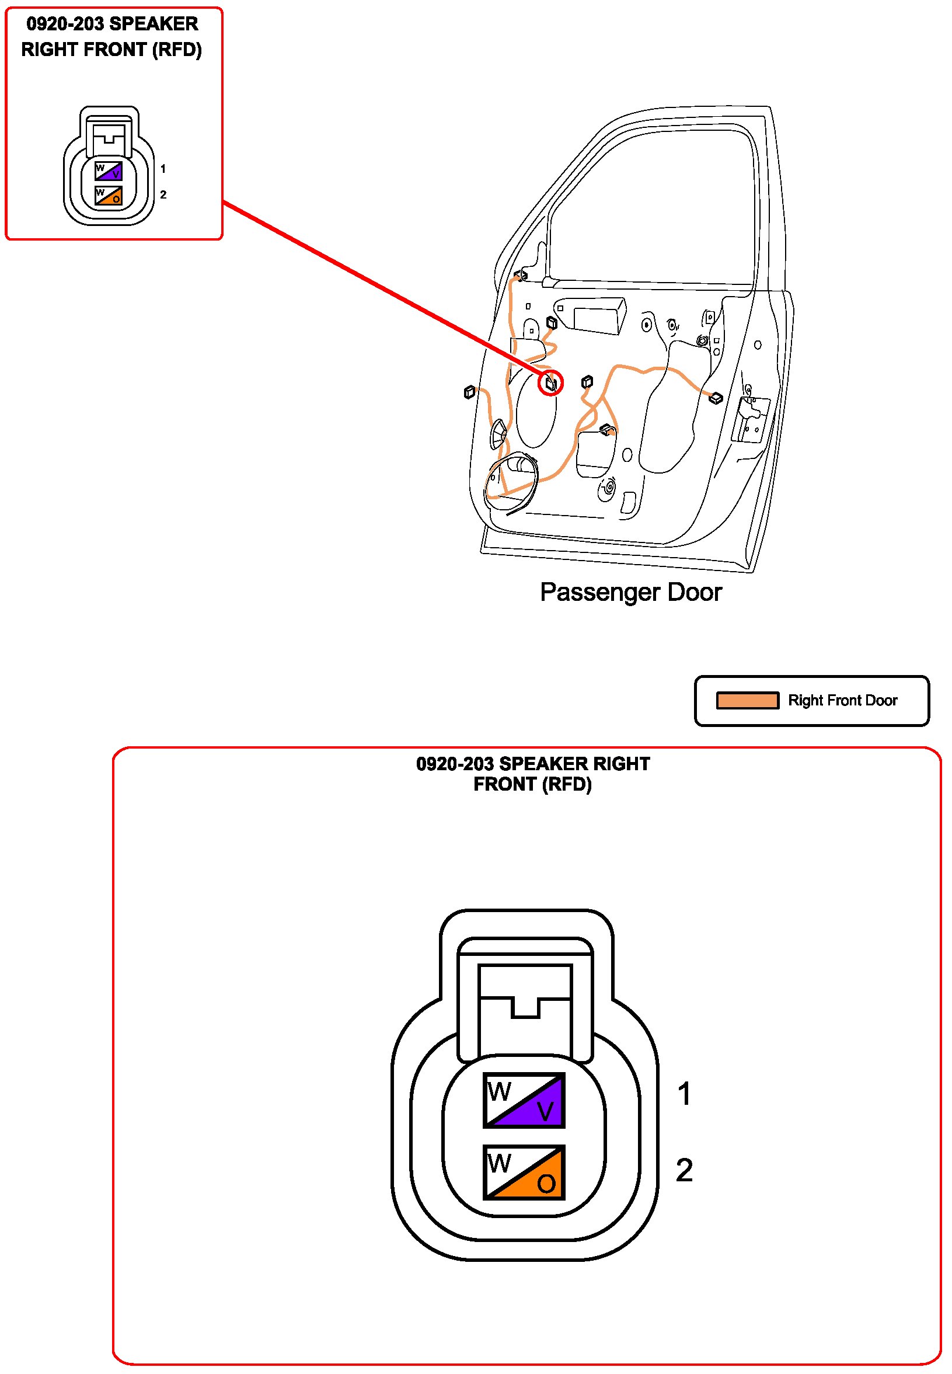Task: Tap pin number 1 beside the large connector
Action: click(x=684, y=1094)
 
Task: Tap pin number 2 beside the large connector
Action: click(x=684, y=1170)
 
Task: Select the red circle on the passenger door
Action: click(x=550, y=383)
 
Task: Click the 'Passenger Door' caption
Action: click(x=630, y=593)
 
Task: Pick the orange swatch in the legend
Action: click(x=747, y=700)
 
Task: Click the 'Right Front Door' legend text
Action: click(x=842, y=700)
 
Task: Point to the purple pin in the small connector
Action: click(x=112, y=173)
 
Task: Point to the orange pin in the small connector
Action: click(x=112, y=197)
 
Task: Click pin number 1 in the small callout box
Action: click(x=163, y=169)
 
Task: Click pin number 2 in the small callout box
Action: click(x=163, y=195)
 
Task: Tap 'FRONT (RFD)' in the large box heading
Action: click(x=532, y=784)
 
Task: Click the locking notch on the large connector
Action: click(x=525, y=1008)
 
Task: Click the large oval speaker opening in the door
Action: click(x=537, y=412)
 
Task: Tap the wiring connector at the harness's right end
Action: click(x=716, y=396)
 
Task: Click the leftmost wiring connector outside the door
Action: click(x=469, y=392)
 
